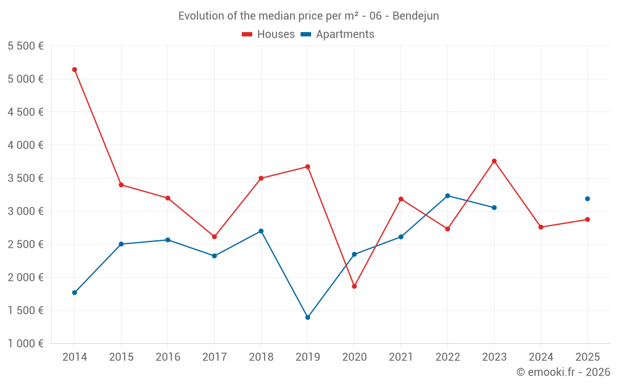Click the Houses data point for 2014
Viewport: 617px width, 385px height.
point(75,70)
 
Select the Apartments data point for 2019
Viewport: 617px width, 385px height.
point(307,317)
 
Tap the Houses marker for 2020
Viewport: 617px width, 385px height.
point(354,286)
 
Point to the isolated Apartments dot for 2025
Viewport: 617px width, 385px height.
point(587,199)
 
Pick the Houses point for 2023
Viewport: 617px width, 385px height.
point(494,161)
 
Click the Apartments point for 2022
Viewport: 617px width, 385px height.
point(447,196)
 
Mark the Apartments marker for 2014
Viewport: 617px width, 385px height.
point(75,293)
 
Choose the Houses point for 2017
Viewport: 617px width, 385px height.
point(214,237)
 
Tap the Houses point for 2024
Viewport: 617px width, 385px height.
point(540,227)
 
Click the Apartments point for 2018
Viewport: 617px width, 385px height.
point(261,231)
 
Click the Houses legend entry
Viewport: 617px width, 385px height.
point(268,34)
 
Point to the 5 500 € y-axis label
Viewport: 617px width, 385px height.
point(25,46)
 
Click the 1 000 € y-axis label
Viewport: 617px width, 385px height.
point(25,344)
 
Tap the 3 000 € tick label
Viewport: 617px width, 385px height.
point(25,211)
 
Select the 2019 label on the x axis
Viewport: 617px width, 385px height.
point(307,357)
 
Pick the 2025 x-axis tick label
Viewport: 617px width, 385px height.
point(587,357)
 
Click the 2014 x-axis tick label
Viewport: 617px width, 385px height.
point(75,357)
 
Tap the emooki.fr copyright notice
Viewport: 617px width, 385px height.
point(563,372)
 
